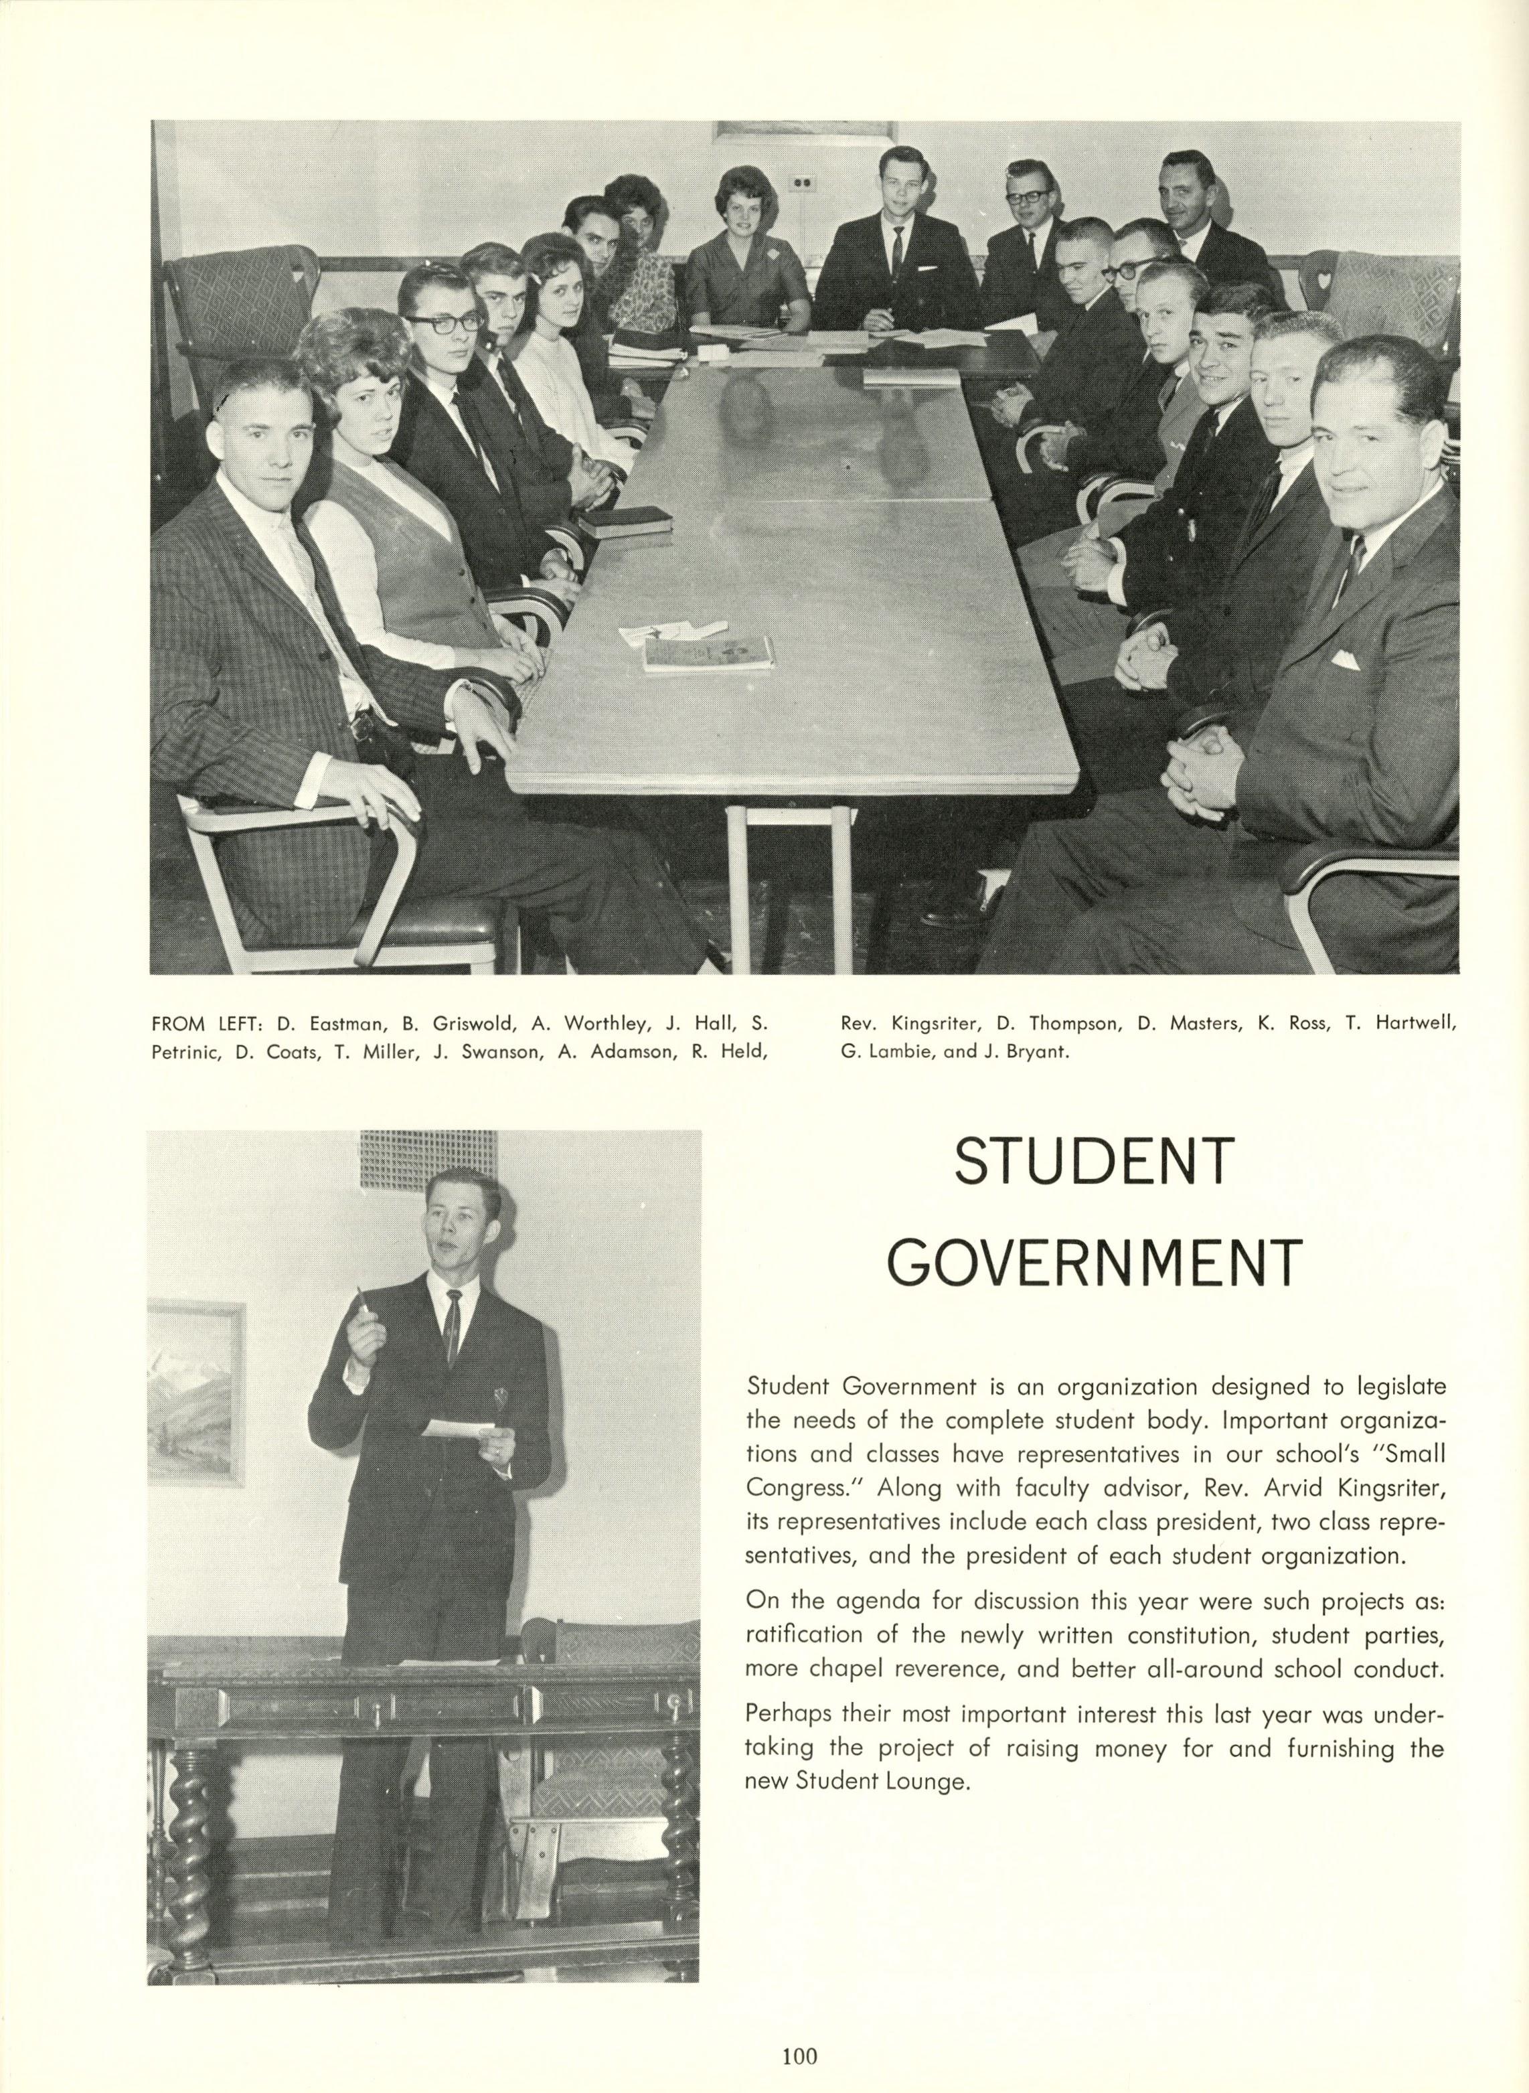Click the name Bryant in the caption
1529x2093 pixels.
click(1031, 1052)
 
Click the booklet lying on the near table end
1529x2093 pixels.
click(709, 653)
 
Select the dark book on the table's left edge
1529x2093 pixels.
click(624, 521)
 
